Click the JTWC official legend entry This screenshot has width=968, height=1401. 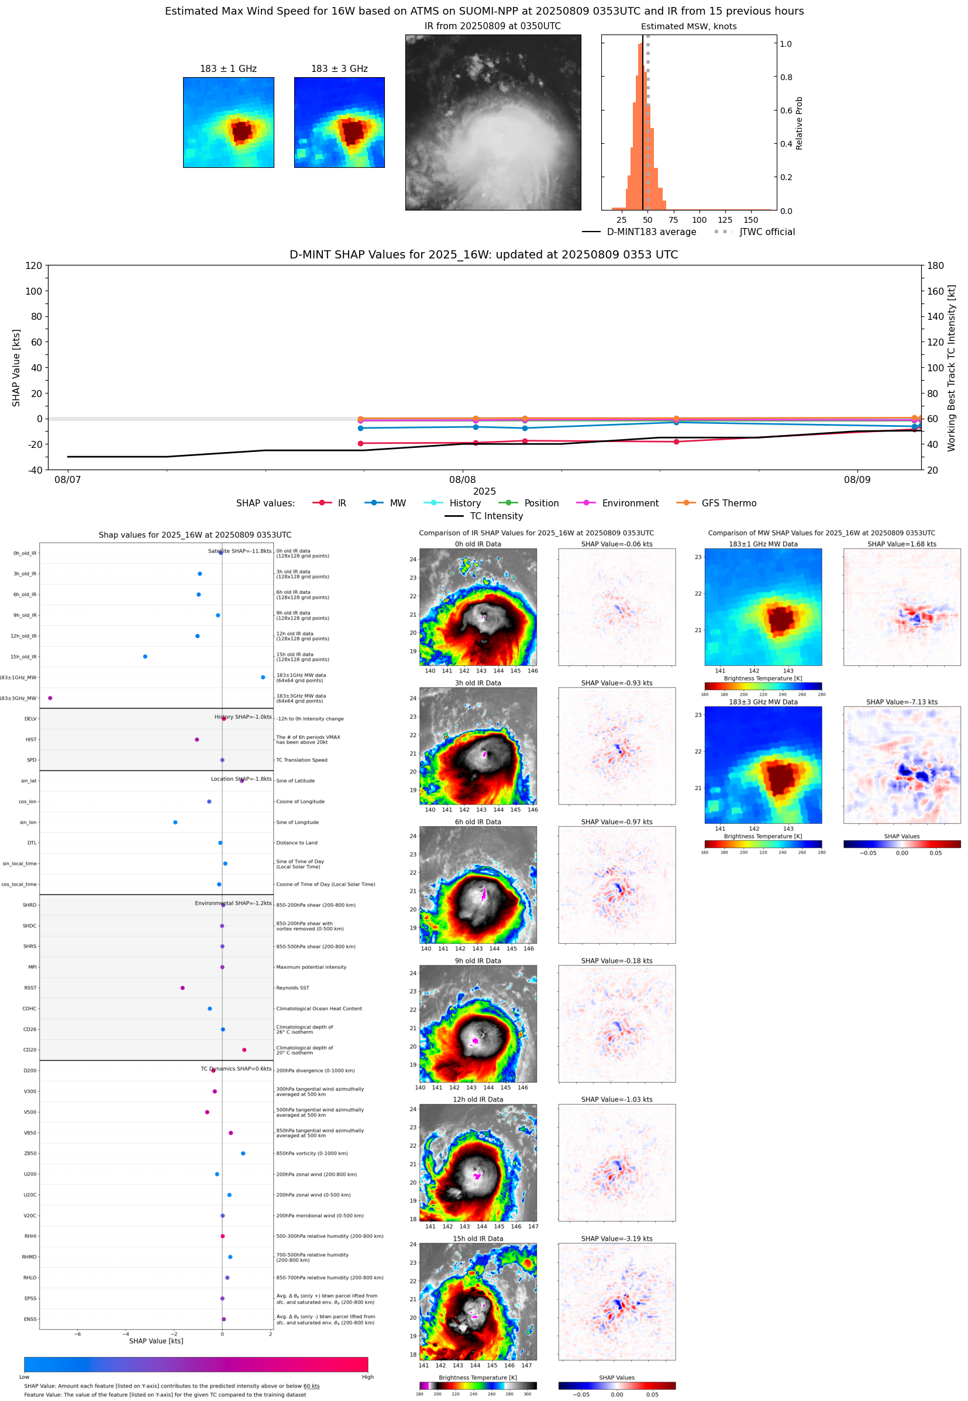tap(767, 232)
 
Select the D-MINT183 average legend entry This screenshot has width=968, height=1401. tap(651, 232)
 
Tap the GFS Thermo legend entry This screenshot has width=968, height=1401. tap(728, 503)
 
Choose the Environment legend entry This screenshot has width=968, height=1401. tap(629, 503)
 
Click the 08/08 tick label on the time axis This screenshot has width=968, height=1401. tap(462, 479)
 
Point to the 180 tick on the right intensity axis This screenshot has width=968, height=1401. tap(935, 265)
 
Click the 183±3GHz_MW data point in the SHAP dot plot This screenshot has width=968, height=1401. tap(50, 698)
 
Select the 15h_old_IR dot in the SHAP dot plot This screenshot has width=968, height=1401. tap(145, 657)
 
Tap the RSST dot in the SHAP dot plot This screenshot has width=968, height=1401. tap(182, 988)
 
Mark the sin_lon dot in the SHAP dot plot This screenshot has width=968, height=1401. tap(175, 822)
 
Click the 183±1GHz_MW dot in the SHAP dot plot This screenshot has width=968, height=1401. tap(263, 677)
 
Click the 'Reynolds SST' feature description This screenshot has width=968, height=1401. tap(292, 988)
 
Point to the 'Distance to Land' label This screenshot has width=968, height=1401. tap(297, 843)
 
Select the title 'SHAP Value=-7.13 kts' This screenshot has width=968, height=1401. tap(901, 702)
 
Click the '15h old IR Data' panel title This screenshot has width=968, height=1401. tap(477, 1238)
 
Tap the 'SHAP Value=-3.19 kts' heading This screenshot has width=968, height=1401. tap(616, 1238)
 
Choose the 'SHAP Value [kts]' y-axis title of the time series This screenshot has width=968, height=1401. tap(16, 367)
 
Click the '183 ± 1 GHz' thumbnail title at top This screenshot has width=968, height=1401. tap(228, 69)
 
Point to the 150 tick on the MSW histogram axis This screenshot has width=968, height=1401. tap(750, 220)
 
